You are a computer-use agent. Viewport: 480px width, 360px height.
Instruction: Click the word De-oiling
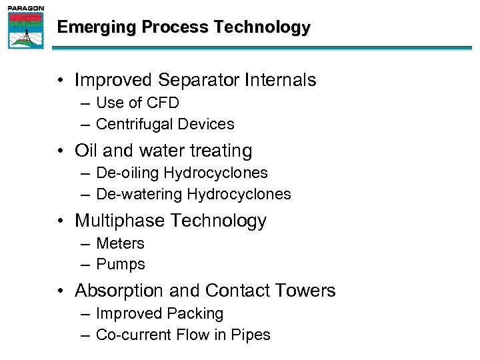(x=127, y=173)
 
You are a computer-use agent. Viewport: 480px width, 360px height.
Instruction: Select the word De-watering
(x=139, y=195)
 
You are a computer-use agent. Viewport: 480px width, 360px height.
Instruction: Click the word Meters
(x=120, y=243)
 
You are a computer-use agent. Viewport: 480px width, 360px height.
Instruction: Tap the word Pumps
(x=120, y=265)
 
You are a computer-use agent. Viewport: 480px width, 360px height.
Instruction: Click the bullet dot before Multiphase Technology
(x=61, y=221)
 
